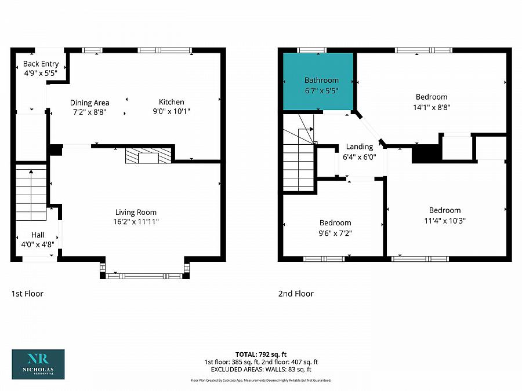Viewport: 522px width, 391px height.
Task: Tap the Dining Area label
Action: pos(90,103)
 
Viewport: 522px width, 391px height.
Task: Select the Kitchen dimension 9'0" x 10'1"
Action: pos(172,111)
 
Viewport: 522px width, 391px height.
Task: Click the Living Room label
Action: pos(136,212)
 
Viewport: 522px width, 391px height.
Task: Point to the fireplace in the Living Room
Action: pos(148,156)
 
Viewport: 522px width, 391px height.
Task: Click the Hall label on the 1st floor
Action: pos(38,235)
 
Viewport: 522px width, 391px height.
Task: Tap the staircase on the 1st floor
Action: pos(31,194)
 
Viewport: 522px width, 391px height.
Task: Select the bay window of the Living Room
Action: pos(144,276)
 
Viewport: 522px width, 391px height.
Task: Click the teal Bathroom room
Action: pos(318,81)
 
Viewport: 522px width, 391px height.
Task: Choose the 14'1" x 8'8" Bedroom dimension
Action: pos(432,107)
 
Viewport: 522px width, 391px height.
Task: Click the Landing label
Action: pos(360,147)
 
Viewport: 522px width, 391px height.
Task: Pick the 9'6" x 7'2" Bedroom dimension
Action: pos(335,233)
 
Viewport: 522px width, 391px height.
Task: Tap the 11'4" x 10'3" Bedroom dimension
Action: pos(445,221)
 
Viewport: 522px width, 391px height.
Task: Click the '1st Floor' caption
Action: pos(27,294)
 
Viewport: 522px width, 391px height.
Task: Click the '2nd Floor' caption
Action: pos(296,294)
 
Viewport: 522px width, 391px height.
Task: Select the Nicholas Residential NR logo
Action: pos(38,364)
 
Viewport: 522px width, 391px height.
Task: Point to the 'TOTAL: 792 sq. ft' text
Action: pos(261,355)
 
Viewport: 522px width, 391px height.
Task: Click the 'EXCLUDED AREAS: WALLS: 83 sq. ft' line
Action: pos(261,369)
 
